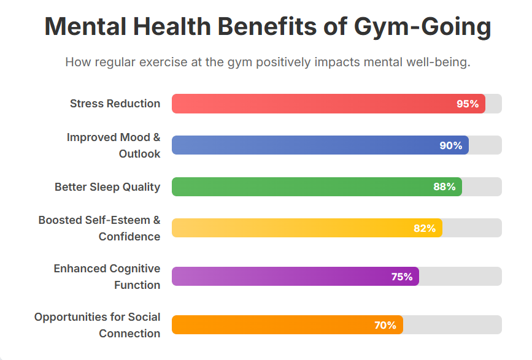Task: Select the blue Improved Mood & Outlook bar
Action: [x=320, y=145]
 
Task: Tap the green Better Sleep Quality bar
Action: [x=317, y=187]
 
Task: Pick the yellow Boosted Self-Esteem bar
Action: [x=307, y=228]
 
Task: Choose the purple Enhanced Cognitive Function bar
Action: [x=295, y=277]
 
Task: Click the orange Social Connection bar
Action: [x=287, y=325]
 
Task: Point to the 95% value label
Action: [x=468, y=104]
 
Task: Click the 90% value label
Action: [x=451, y=145]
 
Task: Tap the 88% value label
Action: [x=444, y=187]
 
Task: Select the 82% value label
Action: [x=425, y=228]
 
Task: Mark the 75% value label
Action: [x=402, y=277]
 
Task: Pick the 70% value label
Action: [x=385, y=325]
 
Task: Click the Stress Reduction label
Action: [x=115, y=104]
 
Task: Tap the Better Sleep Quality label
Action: [x=107, y=187]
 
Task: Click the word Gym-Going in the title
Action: [x=422, y=28]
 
